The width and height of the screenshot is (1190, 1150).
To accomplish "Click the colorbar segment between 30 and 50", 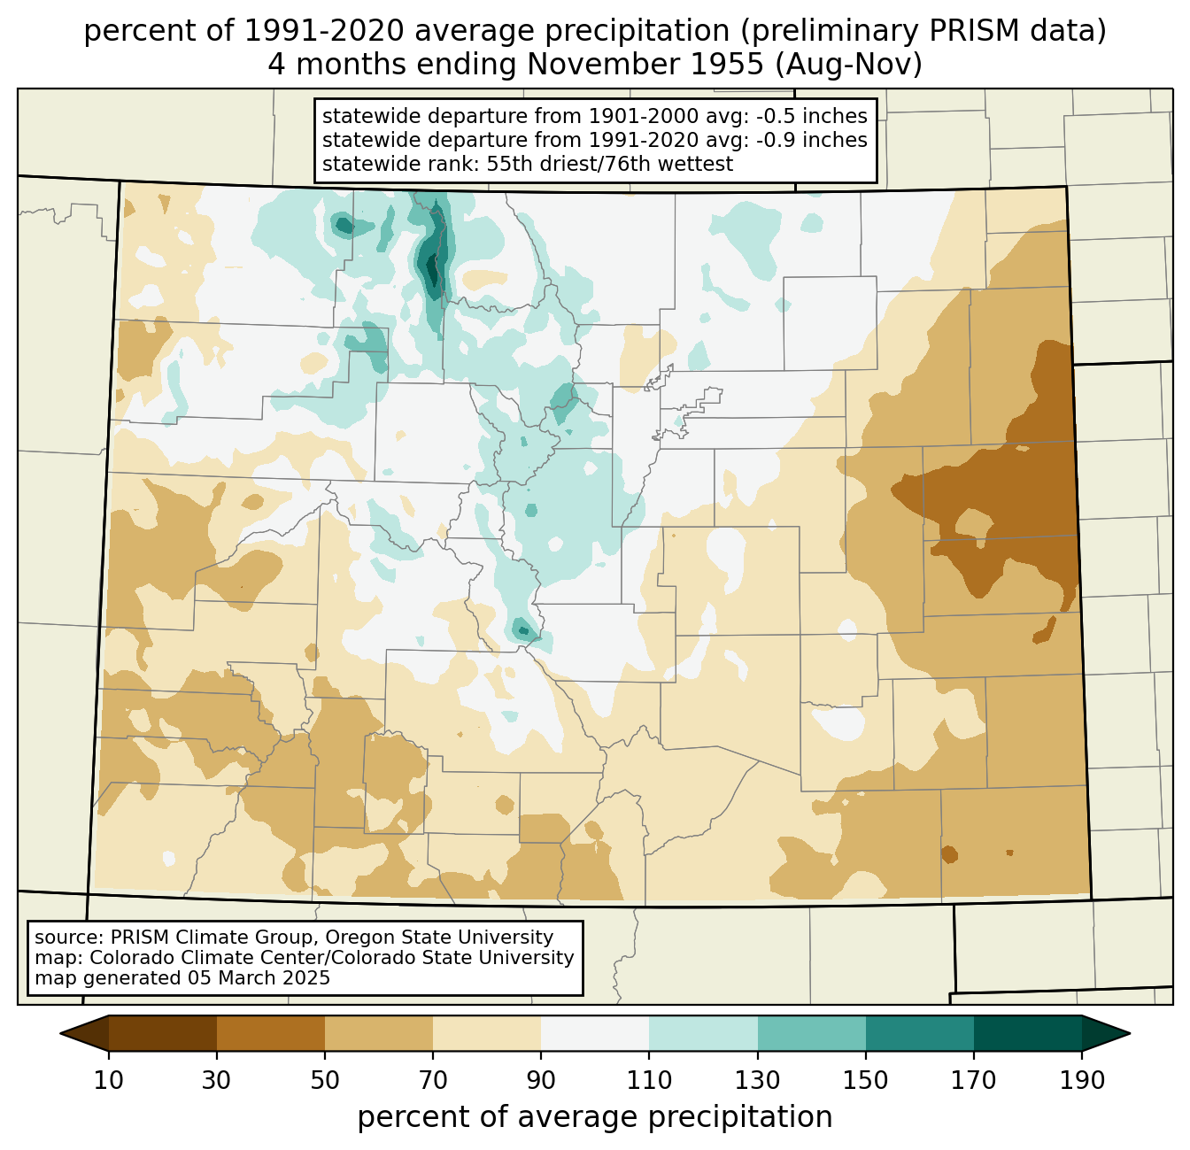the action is click(x=270, y=1033).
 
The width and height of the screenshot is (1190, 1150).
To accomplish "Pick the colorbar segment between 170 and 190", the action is click(x=1027, y=1033).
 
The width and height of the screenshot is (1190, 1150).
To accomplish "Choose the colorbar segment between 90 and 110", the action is click(x=595, y=1033).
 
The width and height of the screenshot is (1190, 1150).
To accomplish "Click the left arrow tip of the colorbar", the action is click(x=60, y=1033).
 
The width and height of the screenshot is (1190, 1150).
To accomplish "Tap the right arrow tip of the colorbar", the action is click(x=1130, y=1033).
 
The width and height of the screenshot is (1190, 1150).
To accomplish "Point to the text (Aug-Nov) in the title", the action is click(x=849, y=65).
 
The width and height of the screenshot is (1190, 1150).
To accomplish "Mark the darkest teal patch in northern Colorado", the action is click(x=432, y=270).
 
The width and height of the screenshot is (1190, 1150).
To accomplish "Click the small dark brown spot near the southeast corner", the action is click(x=949, y=854).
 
